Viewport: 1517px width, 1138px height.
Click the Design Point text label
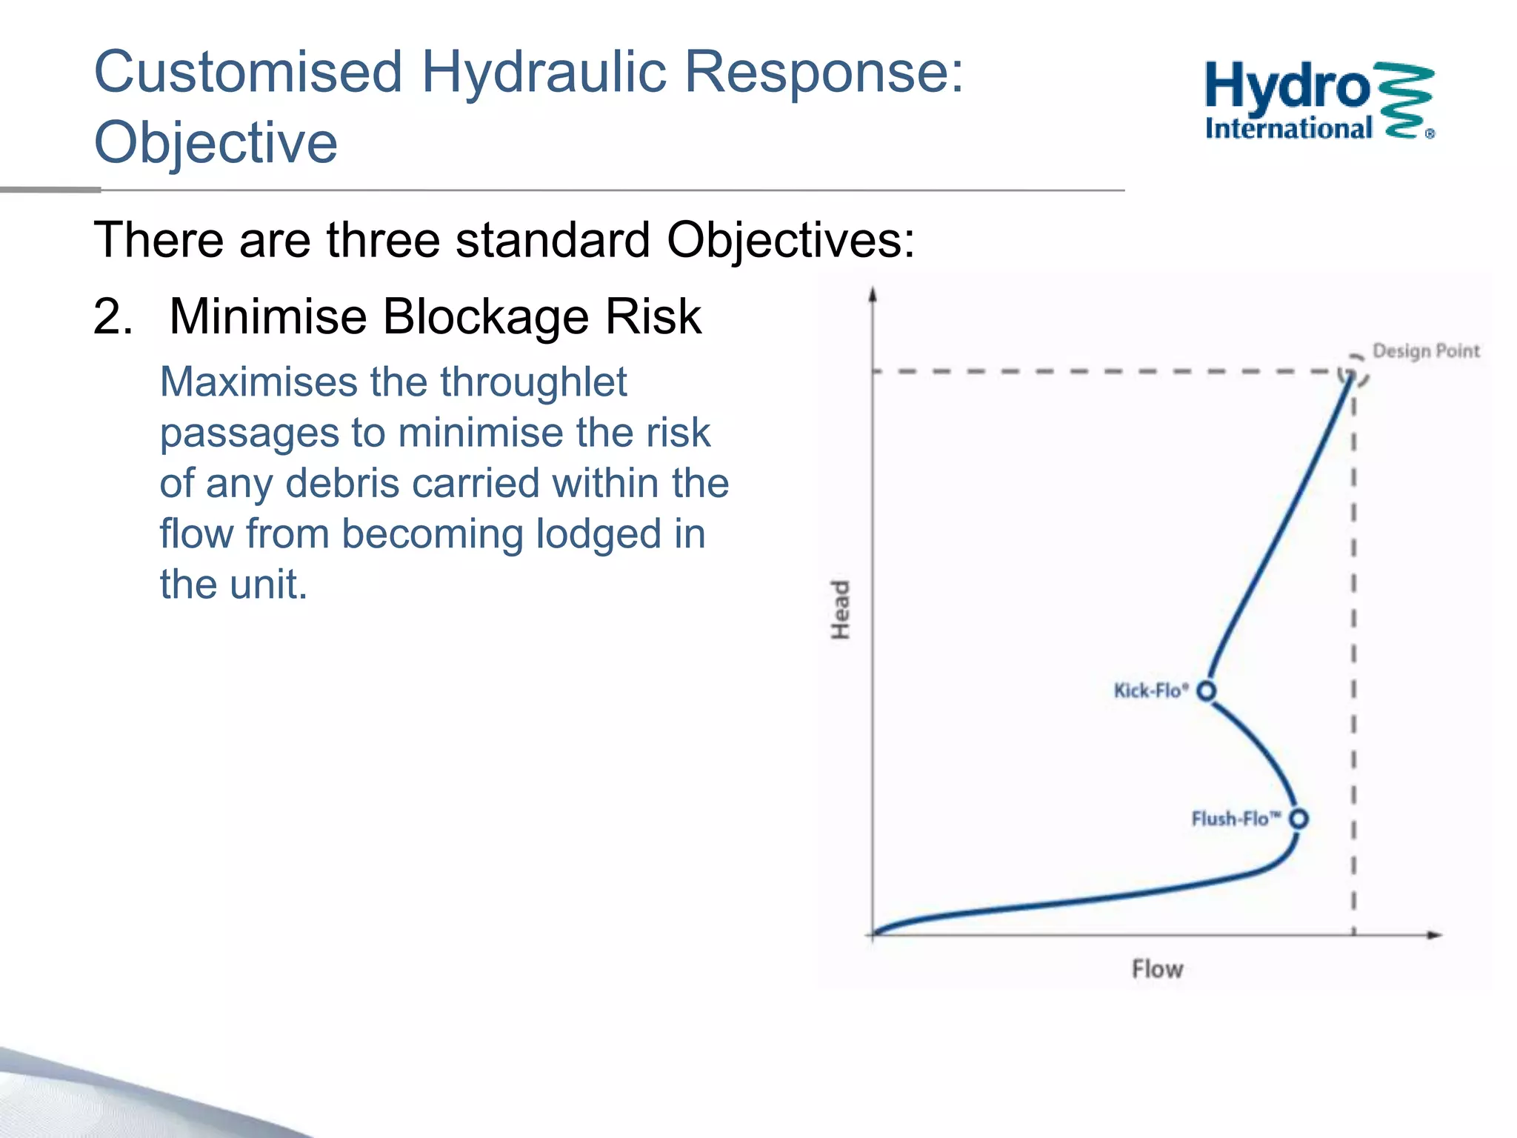pyautogui.click(x=1426, y=351)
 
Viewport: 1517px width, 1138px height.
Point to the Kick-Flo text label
pyautogui.click(x=1151, y=691)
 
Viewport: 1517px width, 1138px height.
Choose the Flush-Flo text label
pyautogui.click(x=1236, y=819)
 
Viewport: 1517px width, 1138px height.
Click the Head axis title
pyautogui.click(x=840, y=610)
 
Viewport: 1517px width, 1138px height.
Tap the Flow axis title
pyautogui.click(x=1158, y=969)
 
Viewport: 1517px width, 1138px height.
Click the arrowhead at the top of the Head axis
pyautogui.click(x=873, y=294)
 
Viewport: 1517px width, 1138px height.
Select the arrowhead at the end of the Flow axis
pyautogui.click(x=1435, y=935)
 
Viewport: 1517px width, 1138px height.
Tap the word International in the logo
pyautogui.click(x=1289, y=129)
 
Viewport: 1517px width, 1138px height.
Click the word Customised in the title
pyautogui.click(x=248, y=73)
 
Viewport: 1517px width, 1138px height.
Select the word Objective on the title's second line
pyautogui.click(x=216, y=142)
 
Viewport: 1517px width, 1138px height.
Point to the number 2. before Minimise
pyautogui.click(x=113, y=316)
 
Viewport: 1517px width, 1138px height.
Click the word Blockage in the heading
pyautogui.click(x=486, y=317)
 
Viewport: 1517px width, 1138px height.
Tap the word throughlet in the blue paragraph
pyautogui.click(x=533, y=383)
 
